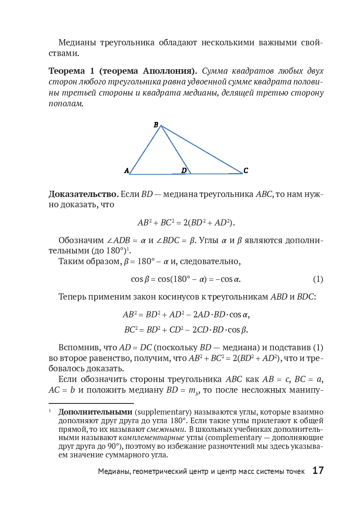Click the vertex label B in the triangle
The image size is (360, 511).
pyautogui.click(x=156, y=124)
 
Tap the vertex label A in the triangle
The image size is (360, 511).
pyautogui.click(x=126, y=171)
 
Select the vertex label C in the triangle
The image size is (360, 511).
pyautogui.click(x=246, y=170)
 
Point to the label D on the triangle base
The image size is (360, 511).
pyautogui.click(x=184, y=170)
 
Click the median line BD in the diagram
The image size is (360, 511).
pyautogui.click(x=176, y=150)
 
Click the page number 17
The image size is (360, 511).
pyautogui.click(x=318, y=471)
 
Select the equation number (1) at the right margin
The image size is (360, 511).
pyautogui.click(x=318, y=279)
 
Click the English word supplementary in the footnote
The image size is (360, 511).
pyautogui.click(x=162, y=412)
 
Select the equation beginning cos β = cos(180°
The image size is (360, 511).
pyautogui.click(x=185, y=279)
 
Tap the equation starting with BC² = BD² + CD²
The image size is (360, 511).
pyautogui.click(x=186, y=330)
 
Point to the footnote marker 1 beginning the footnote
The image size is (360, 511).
pyautogui.click(x=49, y=411)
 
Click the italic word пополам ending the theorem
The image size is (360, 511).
pyautogui.click(x=66, y=104)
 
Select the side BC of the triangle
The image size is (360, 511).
pyautogui.click(x=202, y=150)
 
